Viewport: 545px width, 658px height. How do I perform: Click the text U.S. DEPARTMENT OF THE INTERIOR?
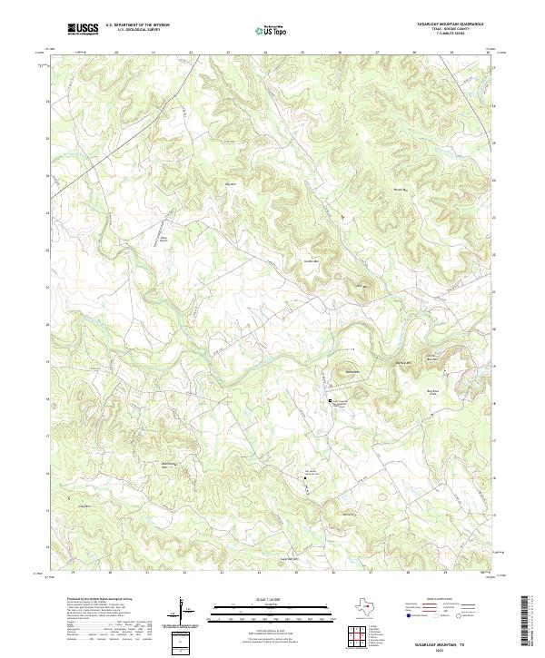[x=137, y=25]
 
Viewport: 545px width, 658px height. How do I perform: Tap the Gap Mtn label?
[x=218, y=184]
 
